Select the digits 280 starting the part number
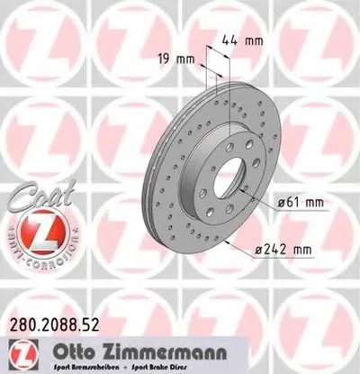[x=19, y=320]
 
